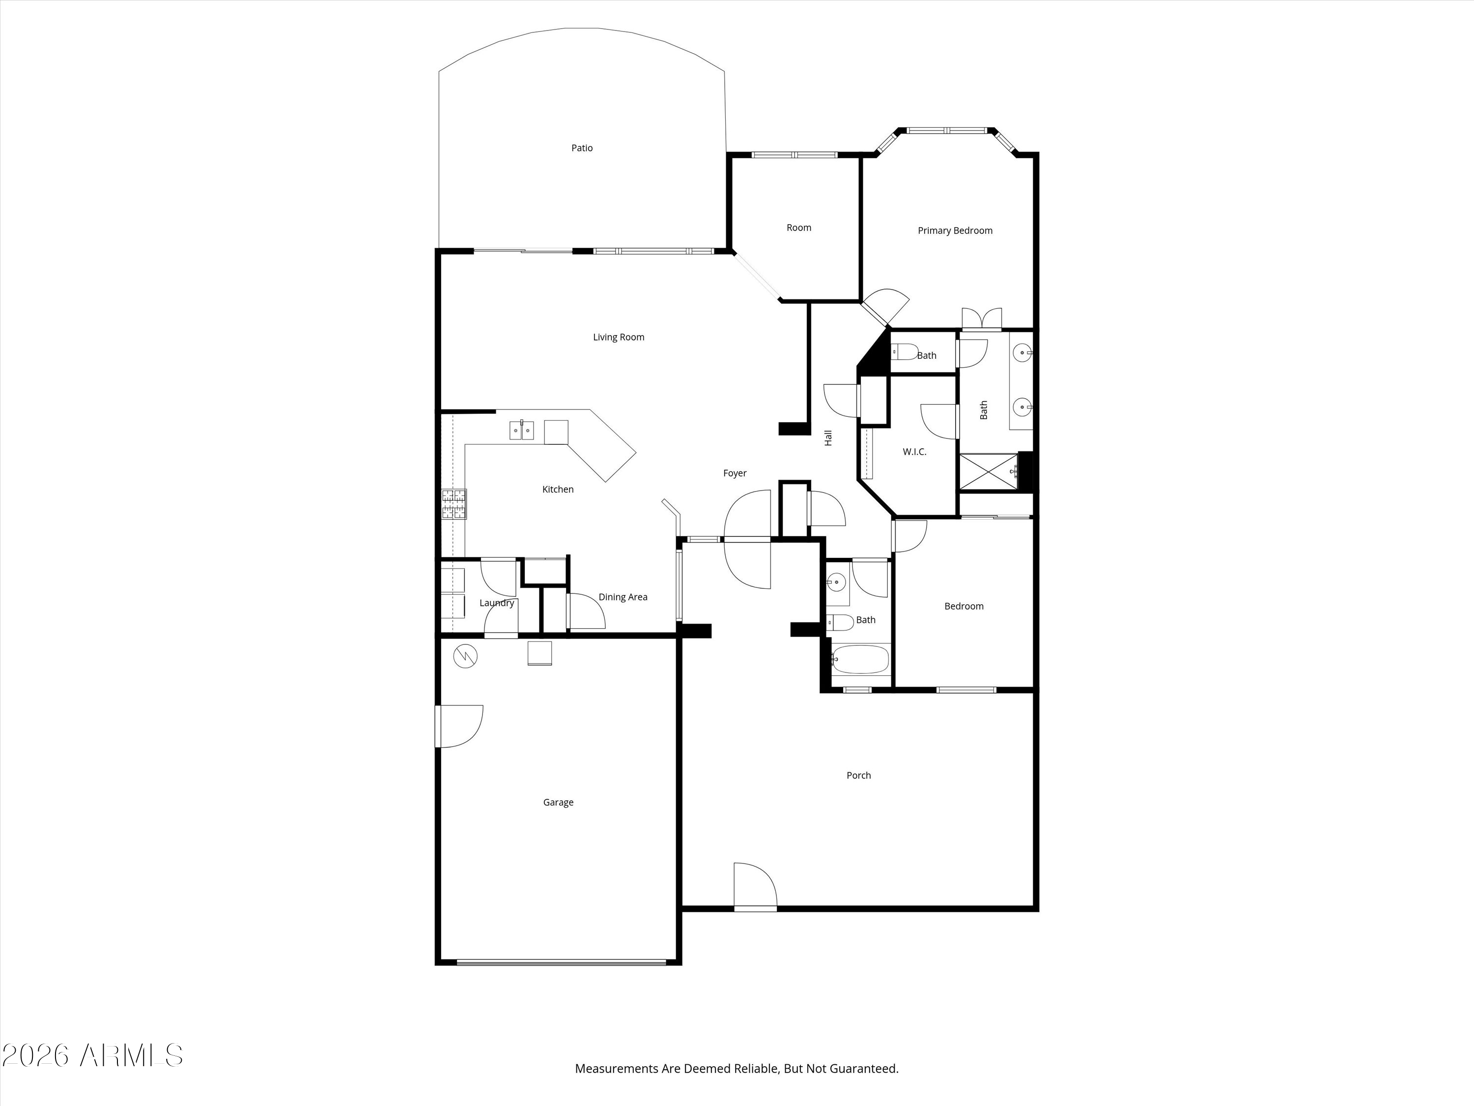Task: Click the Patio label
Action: tap(582, 148)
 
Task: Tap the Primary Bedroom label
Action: tap(955, 231)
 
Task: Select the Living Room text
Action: tap(619, 337)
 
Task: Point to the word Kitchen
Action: tap(558, 489)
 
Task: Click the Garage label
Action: tap(558, 803)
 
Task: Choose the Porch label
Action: tap(858, 775)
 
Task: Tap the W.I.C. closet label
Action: tap(914, 452)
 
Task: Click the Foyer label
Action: tap(735, 473)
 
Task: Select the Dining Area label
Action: tap(623, 597)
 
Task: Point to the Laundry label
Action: tap(496, 603)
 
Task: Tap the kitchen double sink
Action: tap(522, 431)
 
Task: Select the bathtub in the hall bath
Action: tap(860, 659)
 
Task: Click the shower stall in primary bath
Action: tap(988, 472)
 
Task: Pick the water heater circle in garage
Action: tap(465, 657)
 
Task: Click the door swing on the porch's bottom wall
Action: tap(756, 886)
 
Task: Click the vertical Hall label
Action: tap(828, 438)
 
